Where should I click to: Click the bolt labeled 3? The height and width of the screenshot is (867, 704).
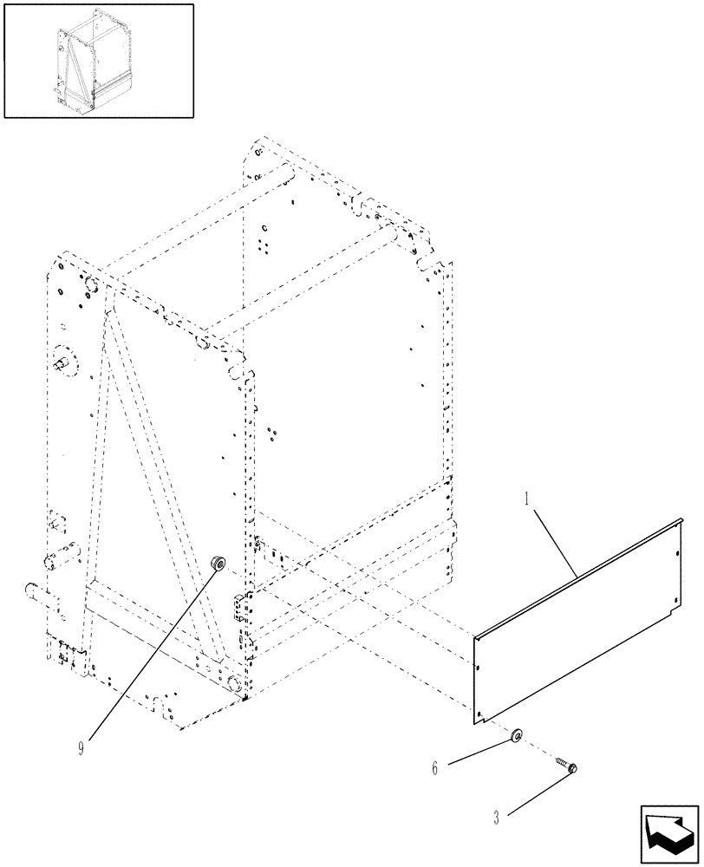567,766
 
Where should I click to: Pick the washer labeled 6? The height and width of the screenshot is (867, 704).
518,735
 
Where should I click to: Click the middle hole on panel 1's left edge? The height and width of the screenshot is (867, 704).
478,667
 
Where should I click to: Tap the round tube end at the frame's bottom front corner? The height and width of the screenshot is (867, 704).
234,684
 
